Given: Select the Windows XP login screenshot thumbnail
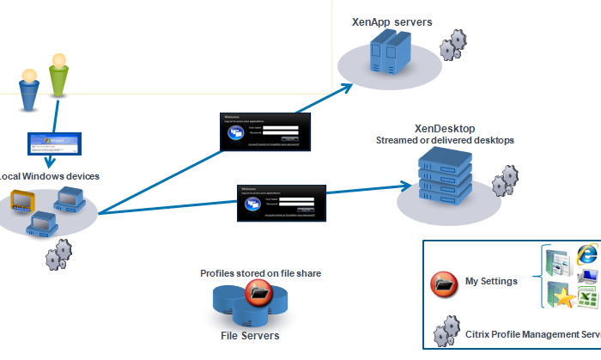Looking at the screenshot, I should (x=52, y=143).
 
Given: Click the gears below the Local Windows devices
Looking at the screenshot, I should (x=58, y=253).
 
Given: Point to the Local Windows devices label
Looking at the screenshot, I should (x=50, y=176).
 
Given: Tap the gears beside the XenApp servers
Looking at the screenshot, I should (x=452, y=45).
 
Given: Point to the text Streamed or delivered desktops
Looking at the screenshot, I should (x=445, y=140).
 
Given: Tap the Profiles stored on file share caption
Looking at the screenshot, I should (x=261, y=273).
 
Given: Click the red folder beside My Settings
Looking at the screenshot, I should (x=444, y=282).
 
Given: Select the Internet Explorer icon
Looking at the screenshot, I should (x=586, y=254).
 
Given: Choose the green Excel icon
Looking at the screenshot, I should (x=587, y=298).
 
